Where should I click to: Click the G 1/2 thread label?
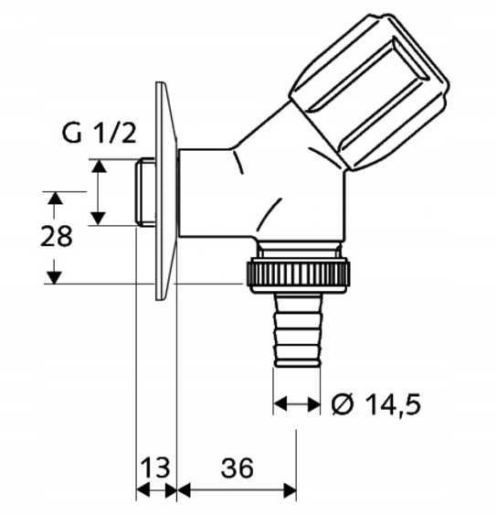(x=99, y=133)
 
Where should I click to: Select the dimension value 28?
(x=57, y=236)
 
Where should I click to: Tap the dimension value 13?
(x=155, y=468)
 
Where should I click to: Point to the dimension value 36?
(x=238, y=468)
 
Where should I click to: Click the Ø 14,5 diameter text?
(x=376, y=403)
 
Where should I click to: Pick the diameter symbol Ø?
(x=343, y=403)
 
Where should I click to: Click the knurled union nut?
(x=299, y=275)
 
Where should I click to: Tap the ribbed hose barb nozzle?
(x=298, y=329)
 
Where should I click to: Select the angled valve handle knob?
(x=369, y=91)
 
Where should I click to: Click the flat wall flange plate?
(x=166, y=191)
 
